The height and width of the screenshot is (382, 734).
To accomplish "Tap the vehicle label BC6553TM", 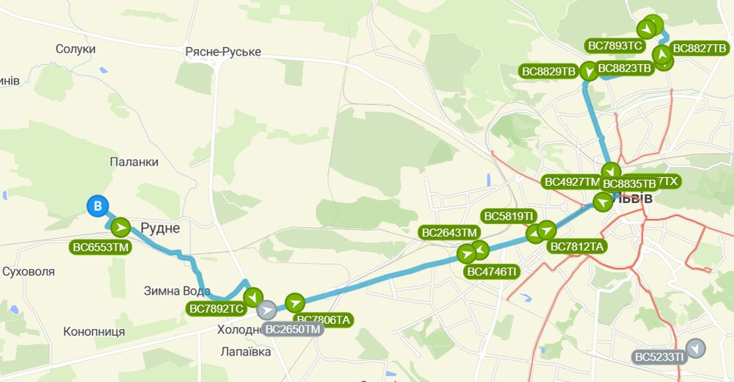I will (x=100, y=248).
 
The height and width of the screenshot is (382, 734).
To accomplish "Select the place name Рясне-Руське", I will (x=223, y=52).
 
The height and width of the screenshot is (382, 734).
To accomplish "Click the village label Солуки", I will (x=76, y=48).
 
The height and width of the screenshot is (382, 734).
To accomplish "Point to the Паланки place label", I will (x=134, y=162).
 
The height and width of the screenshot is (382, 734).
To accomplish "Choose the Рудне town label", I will (x=159, y=228).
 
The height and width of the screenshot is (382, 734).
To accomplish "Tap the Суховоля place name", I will (x=29, y=271).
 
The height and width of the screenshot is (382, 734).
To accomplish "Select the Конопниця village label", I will (x=94, y=331).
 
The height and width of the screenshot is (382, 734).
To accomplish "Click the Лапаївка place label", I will (x=246, y=351).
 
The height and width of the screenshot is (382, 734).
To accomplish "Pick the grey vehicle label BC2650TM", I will (x=292, y=329).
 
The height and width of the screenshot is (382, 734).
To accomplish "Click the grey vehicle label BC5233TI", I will (x=659, y=357).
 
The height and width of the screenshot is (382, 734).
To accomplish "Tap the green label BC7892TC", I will (x=216, y=309).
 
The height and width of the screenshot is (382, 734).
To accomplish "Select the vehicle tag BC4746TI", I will (x=493, y=271).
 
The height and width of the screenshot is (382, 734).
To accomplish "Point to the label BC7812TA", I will (x=577, y=246).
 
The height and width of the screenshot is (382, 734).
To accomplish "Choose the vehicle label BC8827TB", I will (x=699, y=48).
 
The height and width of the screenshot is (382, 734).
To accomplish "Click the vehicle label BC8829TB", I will (x=548, y=71).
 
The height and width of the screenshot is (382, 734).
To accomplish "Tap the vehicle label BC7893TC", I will (x=616, y=46).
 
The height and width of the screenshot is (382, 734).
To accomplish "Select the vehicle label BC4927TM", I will (x=572, y=181).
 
